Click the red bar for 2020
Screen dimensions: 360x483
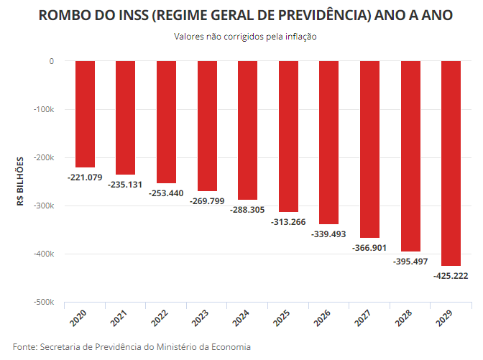coord(85,114)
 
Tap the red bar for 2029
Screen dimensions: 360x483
coord(451,163)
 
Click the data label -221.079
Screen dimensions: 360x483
coord(85,177)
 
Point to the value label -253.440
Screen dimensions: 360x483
coord(166,193)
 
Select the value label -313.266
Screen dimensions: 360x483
coord(288,221)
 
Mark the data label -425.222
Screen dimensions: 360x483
coord(451,276)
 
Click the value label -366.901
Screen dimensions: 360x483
coord(369,248)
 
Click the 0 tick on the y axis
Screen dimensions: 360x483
coord(52,61)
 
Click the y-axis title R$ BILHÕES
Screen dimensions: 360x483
coord(21,181)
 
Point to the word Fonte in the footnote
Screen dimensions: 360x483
coord(24,347)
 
